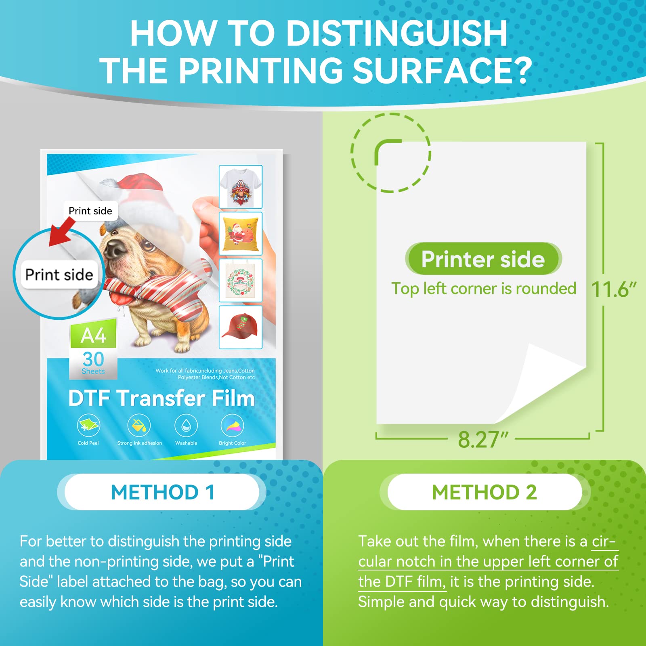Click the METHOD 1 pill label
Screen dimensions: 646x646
(162, 492)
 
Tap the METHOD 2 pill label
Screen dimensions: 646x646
(484, 492)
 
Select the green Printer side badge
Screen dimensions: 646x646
(483, 259)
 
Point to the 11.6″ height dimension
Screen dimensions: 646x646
(613, 289)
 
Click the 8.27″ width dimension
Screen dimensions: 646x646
(482, 439)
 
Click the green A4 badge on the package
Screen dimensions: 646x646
(93, 335)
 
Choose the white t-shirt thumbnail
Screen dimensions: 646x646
(241, 187)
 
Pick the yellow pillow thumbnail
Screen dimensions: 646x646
(241, 234)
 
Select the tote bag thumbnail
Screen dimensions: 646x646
(241, 281)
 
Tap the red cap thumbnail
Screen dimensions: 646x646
(241, 327)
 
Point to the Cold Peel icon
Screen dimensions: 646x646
(88, 425)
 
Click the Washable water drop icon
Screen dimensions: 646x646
(186, 425)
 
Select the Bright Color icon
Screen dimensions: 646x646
(233, 425)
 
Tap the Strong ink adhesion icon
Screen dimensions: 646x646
(139, 425)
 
